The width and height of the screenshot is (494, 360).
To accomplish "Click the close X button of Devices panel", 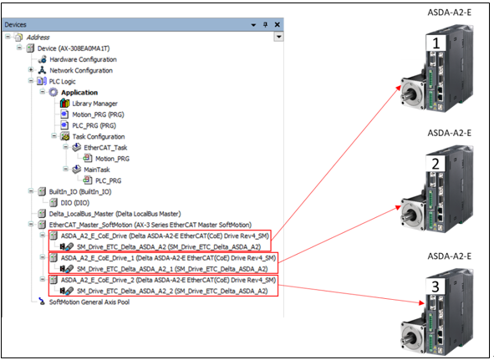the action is [x=278, y=24].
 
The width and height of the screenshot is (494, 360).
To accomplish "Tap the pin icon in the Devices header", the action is [x=265, y=24].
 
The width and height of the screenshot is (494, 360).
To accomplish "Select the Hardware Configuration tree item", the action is [x=84, y=59].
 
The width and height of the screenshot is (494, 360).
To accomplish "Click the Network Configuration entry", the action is [x=81, y=70].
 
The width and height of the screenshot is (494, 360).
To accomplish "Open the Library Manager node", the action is [x=94, y=104].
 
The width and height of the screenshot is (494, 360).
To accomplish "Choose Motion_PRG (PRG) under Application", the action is [x=98, y=114].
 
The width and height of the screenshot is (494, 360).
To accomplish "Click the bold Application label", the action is [x=79, y=93].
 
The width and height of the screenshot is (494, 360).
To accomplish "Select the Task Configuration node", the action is [x=99, y=137].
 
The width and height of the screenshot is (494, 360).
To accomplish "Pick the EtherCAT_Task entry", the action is [x=105, y=148].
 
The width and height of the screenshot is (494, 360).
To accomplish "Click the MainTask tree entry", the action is [x=97, y=170].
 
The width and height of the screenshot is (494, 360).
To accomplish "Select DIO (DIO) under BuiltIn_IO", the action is [x=75, y=203].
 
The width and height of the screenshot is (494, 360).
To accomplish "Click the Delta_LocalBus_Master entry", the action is [x=115, y=214].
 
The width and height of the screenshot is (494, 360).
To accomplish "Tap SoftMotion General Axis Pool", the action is [x=89, y=302].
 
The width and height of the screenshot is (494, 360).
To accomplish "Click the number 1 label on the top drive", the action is [x=436, y=43].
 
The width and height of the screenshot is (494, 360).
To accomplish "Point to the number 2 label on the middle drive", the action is [x=435, y=164].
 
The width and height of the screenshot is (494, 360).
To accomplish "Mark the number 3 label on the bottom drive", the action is [x=435, y=286].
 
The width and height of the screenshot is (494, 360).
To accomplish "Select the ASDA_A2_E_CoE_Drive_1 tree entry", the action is [x=168, y=258].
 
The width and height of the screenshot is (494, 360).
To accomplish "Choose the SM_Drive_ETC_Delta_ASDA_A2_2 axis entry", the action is [x=172, y=291].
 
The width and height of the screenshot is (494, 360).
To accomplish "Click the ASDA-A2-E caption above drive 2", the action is [x=449, y=133].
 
